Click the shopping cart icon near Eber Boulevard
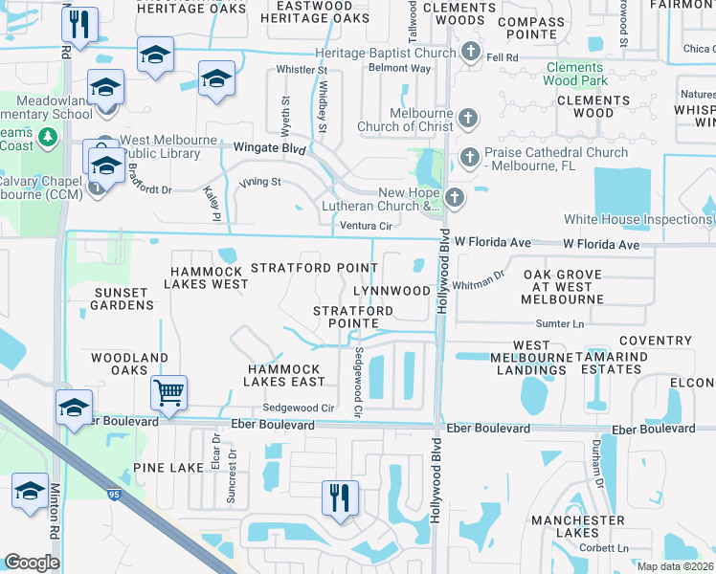point(168,391)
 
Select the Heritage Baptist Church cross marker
point(469,52)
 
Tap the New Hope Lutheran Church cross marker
point(454,197)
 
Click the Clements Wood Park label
point(575,75)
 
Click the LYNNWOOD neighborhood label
point(392,290)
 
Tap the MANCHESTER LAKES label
point(578,526)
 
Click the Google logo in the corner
point(32,563)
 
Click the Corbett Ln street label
point(609,548)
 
